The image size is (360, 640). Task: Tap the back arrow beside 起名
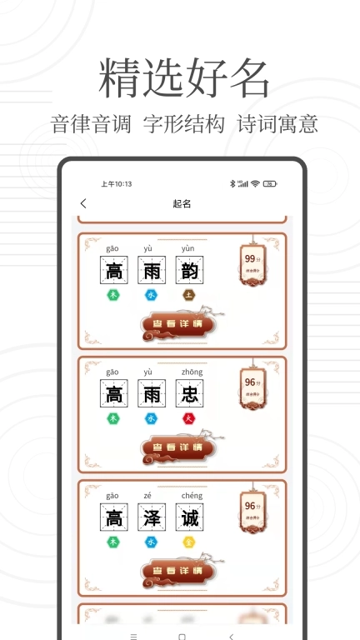point(82,203)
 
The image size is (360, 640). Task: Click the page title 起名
point(182,203)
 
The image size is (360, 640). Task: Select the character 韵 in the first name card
point(190,271)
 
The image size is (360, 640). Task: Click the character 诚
point(190,518)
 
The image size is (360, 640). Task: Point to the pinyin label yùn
point(187,248)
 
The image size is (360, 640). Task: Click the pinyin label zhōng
point(191,372)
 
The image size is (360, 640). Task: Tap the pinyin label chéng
point(191,496)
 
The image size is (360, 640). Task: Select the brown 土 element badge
point(189,294)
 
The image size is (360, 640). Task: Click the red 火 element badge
point(189,418)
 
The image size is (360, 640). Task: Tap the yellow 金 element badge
point(189,542)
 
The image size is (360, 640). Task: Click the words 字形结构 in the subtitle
point(183,124)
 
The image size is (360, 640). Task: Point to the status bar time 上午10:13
point(116,183)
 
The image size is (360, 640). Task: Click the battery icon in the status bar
point(270,183)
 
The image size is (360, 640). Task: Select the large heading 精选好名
point(184,80)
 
